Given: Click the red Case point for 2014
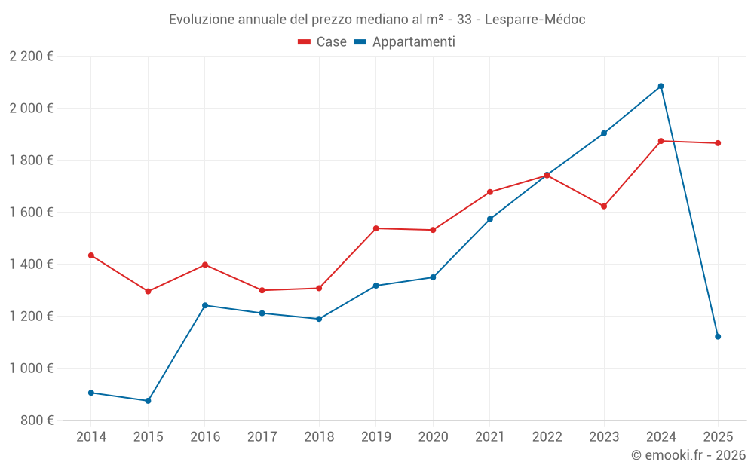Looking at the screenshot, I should [x=91, y=255].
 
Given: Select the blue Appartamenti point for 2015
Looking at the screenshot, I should [x=148, y=401].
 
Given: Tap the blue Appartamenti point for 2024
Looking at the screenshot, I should [x=661, y=86].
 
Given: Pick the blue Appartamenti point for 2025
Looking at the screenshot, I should [x=718, y=337].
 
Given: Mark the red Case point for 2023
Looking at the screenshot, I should [x=604, y=206].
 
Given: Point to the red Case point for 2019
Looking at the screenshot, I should [x=376, y=228].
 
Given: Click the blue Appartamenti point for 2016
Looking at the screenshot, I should [x=205, y=305].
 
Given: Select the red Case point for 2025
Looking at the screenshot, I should [x=718, y=143].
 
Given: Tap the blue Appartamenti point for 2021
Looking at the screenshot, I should [x=490, y=219].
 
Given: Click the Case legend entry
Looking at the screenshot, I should [x=323, y=42].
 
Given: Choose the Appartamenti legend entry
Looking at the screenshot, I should [x=405, y=42].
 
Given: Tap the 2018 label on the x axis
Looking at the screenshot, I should [x=319, y=436].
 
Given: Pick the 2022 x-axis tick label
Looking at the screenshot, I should [x=547, y=436].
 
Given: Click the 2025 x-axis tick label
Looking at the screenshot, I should [x=718, y=436].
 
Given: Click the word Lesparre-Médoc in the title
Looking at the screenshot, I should [x=535, y=20].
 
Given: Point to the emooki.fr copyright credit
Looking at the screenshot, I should [x=688, y=455].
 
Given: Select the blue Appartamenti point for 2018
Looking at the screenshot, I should [x=319, y=319].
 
